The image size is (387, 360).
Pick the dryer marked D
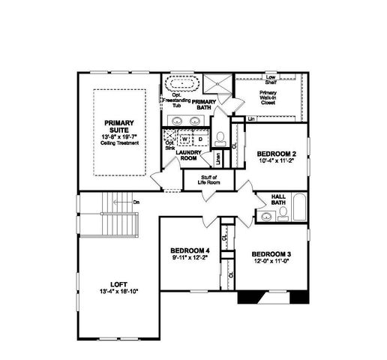point(201,139)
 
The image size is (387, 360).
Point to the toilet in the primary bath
point(220,139)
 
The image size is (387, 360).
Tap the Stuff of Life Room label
point(202,179)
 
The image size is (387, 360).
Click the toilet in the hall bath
point(283,216)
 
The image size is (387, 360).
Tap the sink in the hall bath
point(266,217)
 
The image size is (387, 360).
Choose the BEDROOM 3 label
point(270,253)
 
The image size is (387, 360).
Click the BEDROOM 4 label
point(190,250)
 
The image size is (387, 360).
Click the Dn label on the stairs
point(136,202)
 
